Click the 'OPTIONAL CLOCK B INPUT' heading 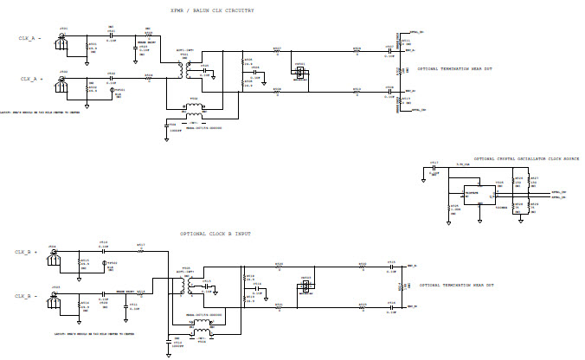point(217,235)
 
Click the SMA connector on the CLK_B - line point(54,297)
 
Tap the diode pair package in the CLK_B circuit point(305,287)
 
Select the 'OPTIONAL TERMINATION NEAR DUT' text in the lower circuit point(457,285)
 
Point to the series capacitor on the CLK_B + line point(103,248)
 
